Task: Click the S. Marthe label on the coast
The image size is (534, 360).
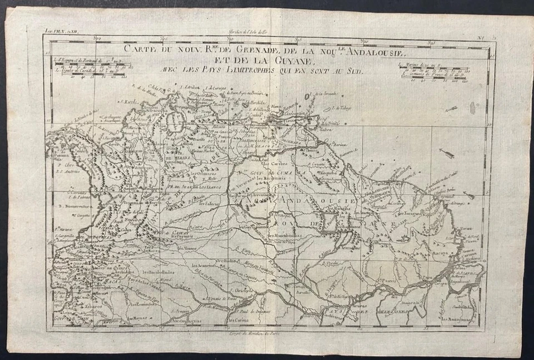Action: coord(130,102)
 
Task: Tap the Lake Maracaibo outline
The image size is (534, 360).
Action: coord(175,119)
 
